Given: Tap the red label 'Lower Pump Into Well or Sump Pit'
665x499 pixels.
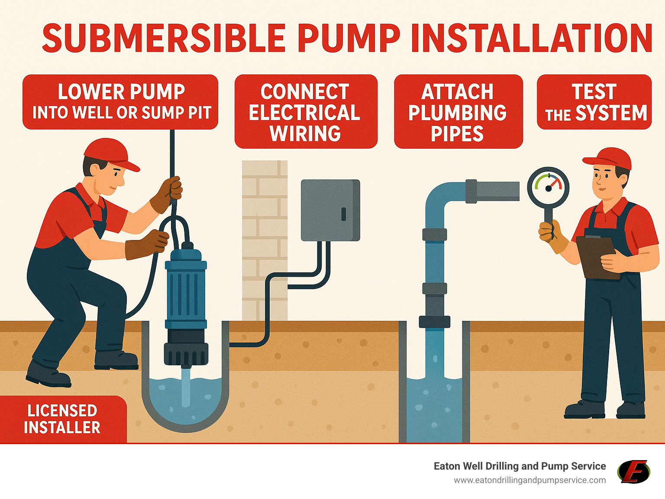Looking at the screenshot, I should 120,102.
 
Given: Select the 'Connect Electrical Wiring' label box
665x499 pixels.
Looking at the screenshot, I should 306,112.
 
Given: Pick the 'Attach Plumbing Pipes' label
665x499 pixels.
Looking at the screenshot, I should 458,112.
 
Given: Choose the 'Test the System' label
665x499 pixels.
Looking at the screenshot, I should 594,102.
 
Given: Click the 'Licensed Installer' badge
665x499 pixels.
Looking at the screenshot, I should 62,419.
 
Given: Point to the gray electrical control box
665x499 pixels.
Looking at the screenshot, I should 330,210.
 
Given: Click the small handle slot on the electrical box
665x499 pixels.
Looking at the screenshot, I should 344,214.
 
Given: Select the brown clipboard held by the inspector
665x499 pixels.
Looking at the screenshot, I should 595,257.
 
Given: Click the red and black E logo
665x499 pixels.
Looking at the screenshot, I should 633,471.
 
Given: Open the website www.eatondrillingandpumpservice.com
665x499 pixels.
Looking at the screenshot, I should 529,480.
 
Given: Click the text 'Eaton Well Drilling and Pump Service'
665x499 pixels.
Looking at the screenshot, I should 520,466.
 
